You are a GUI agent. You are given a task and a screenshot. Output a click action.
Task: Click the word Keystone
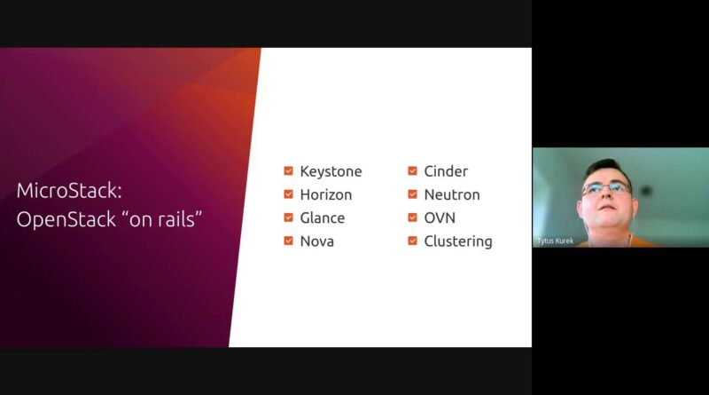click(x=331, y=171)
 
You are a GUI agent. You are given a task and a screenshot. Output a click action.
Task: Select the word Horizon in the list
click(x=326, y=194)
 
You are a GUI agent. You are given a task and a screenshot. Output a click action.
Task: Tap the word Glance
click(x=323, y=217)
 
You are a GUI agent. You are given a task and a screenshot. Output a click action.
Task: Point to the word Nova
click(x=317, y=241)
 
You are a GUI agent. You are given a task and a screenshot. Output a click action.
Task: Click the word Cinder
click(x=446, y=171)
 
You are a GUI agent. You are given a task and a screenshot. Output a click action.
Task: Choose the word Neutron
click(x=452, y=194)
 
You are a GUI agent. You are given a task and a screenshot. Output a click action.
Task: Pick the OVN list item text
click(x=440, y=217)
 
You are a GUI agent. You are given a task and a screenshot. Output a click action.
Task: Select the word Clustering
click(x=458, y=241)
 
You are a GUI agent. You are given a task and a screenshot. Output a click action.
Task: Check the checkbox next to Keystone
click(x=289, y=170)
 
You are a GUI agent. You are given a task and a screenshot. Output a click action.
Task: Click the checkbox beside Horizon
click(x=289, y=194)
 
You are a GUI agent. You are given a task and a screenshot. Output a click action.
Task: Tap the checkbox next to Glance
click(x=289, y=217)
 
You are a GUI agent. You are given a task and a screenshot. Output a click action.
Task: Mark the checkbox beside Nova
click(x=289, y=241)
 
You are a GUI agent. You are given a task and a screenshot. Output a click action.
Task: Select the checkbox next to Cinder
click(x=412, y=170)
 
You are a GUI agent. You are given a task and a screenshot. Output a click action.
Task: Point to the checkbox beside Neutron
click(x=412, y=194)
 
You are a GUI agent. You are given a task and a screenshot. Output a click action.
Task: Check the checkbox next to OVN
click(x=412, y=217)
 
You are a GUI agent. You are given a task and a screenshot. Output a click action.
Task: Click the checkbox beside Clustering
click(x=412, y=241)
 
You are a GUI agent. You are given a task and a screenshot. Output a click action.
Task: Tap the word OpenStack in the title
click(x=66, y=220)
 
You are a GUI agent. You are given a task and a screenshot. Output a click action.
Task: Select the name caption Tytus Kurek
click(x=556, y=241)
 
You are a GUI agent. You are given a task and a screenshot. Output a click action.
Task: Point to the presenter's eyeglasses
click(x=606, y=188)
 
